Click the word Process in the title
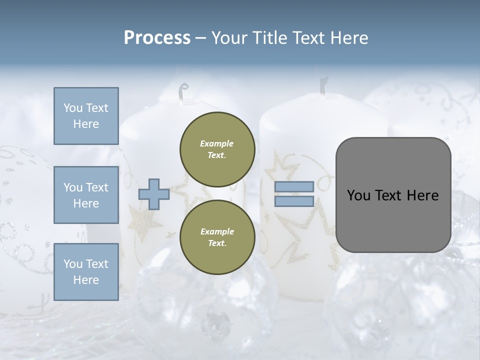pyautogui.click(x=157, y=38)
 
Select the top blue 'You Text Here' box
pyautogui.click(x=86, y=116)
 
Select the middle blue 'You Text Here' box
pyautogui.click(x=86, y=195)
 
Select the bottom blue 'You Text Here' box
pyautogui.click(x=86, y=271)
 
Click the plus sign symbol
pyautogui.click(x=154, y=194)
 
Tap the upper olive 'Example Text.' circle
pyautogui.click(x=217, y=149)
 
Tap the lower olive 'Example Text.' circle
pyautogui.click(x=217, y=237)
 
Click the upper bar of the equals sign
pyautogui.click(x=294, y=187)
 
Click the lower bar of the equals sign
pyautogui.click(x=294, y=201)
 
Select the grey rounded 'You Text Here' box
pyautogui.click(x=393, y=195)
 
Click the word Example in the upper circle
pyautogui.click(x=216, y=143)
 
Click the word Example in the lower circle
pyautogui.click(x=216, y=231)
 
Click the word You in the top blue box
pyautogui.click(x=73, y=108)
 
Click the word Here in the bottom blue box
pyautogui.click(x=86, y=280)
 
